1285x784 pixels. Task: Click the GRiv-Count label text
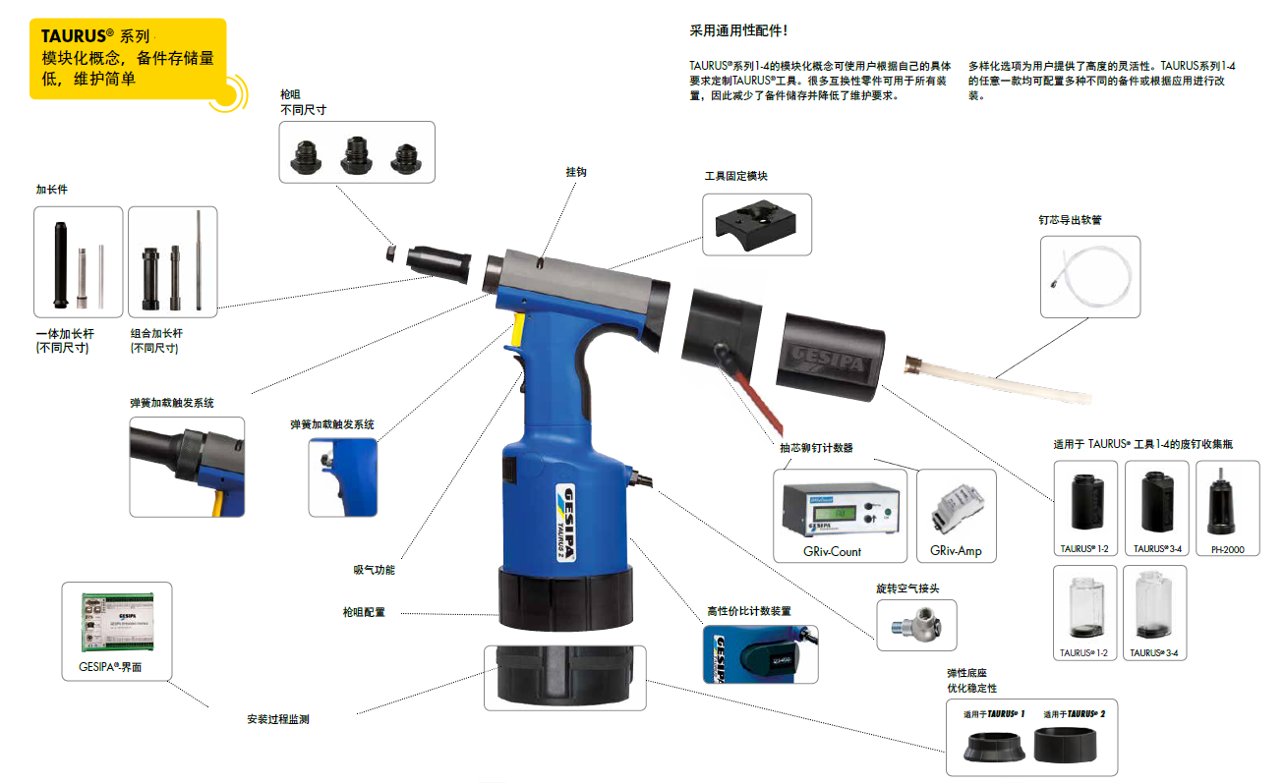click(832, 551)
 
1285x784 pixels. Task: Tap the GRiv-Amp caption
click(956, 551)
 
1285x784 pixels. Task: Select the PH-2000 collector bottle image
click(1221, 501)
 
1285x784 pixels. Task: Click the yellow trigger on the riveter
click(517, 329)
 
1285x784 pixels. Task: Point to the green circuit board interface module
click(118, 623)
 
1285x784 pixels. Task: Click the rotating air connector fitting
click(916, 625)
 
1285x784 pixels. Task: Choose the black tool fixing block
click(756, 225)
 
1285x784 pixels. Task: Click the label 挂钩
click(576, 172)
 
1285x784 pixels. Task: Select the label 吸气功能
click(374, 570)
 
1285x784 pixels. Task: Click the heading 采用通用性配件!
click(738, 30)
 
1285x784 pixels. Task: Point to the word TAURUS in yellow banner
click(74, 36)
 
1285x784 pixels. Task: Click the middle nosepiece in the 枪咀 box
click(356, 154)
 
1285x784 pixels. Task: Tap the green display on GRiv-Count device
click(839, 513)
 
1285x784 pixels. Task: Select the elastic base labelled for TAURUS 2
click(1066, 745)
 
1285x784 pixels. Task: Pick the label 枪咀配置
click(364, 612)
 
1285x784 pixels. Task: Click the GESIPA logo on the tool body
click(565, 523)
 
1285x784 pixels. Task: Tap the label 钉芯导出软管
click(1070, 220)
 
